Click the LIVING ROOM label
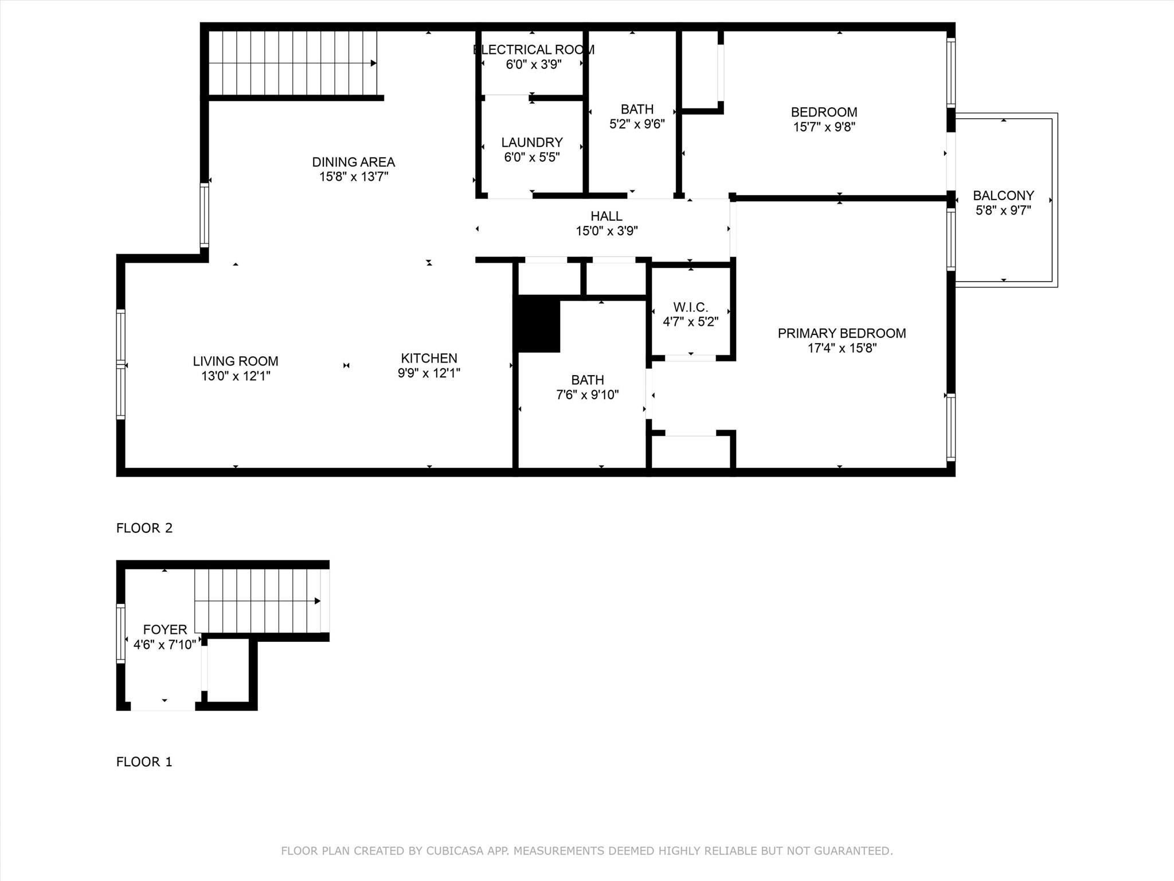[x=236, y=361]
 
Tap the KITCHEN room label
[x=429, y=358]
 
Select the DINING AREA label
[x=354, y=162]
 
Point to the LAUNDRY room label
[x=532, y=142]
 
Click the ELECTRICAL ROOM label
[x=534, y=50]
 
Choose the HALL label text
[x=606, y=216]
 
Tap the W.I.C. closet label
[x=691, y=307]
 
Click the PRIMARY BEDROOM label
[x=842, y=333]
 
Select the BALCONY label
[x=1003, y=196]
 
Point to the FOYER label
[x=165, y=630]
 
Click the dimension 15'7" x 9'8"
[x=824, y=127]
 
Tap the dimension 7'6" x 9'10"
[x=588, y=395]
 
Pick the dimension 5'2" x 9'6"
[x=637, y=124]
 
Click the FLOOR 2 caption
[x=144, y=528]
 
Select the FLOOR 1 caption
[x=144, y=762]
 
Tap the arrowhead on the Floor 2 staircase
[x=374, y=63]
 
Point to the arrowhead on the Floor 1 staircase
[x=318, y=601]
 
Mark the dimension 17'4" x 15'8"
[x=842, y=348]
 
